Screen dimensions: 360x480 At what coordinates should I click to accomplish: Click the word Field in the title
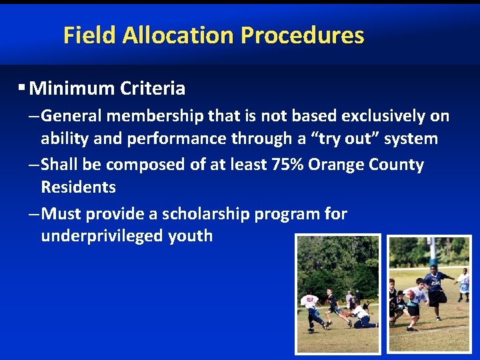tap(89, 35)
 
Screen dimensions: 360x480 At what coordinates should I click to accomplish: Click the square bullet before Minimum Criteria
tap(22, 87)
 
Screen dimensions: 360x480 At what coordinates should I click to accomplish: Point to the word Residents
tap(78, 187)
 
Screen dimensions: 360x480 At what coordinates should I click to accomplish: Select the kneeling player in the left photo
tap(361, 316)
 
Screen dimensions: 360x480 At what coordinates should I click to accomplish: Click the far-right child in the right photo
tap(464, 283)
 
